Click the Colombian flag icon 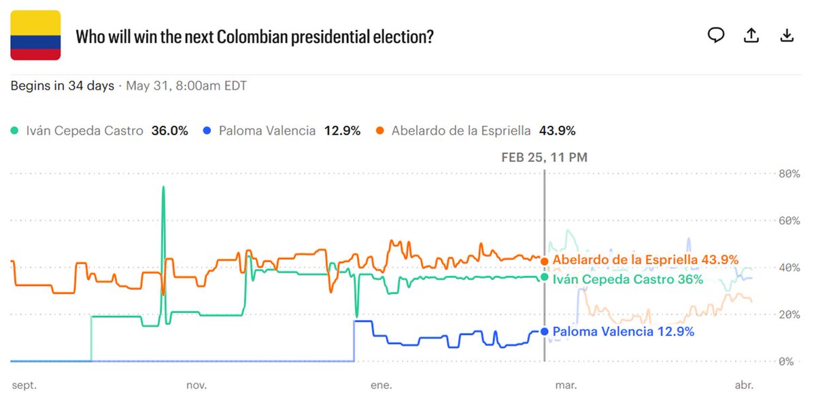tap(35, 35)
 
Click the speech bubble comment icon tap(716, 35)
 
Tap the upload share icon tap(751, 35)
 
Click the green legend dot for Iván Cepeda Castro tap(16, 130)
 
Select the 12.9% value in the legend tap(342, 130)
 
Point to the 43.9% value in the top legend tap(557, 130)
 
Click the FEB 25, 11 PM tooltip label tap(544, 158)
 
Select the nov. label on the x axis tap(197, 385)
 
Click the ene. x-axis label tap(381, 385)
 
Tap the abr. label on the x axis tap(744, 385)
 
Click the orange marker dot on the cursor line tap(545, 261)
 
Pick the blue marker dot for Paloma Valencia tap(544, 332)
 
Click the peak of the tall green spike tap(163, 187)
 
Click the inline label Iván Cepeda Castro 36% tap(628, 279)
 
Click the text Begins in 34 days tap(62, 86)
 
